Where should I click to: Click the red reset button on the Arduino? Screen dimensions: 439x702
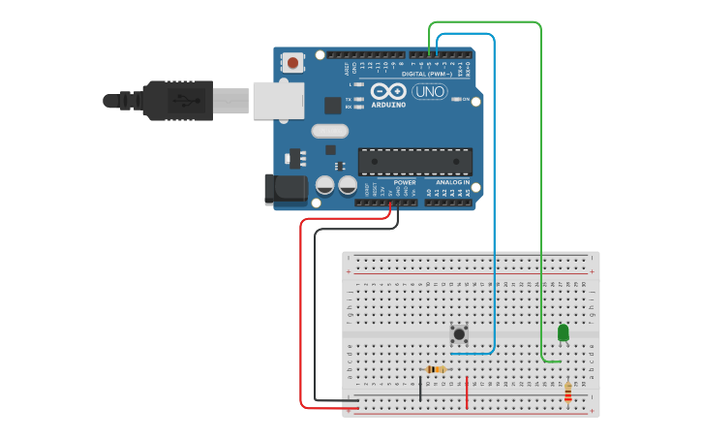pos(293,63)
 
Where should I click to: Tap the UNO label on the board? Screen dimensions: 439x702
pos(429,91)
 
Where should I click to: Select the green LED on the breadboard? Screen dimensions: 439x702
pos(564,332)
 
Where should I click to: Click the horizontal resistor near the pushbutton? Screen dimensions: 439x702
pos(437,369)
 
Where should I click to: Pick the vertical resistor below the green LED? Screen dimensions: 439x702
pos(567,392)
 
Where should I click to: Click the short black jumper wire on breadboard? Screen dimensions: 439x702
pos(420,389)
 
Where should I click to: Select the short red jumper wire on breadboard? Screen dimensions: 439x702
pos(468,392)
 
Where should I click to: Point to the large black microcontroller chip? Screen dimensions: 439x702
pos(414,162)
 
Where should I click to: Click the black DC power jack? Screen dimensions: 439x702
pos(286,189)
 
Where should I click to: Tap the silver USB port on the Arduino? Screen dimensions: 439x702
pos(279,100)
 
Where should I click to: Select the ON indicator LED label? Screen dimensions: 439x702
pos(466,99)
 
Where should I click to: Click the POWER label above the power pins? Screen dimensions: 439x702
pos(405,182)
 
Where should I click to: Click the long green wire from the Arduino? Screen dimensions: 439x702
pos(540,194)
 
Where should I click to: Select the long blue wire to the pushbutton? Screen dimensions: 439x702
pos(495,194)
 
